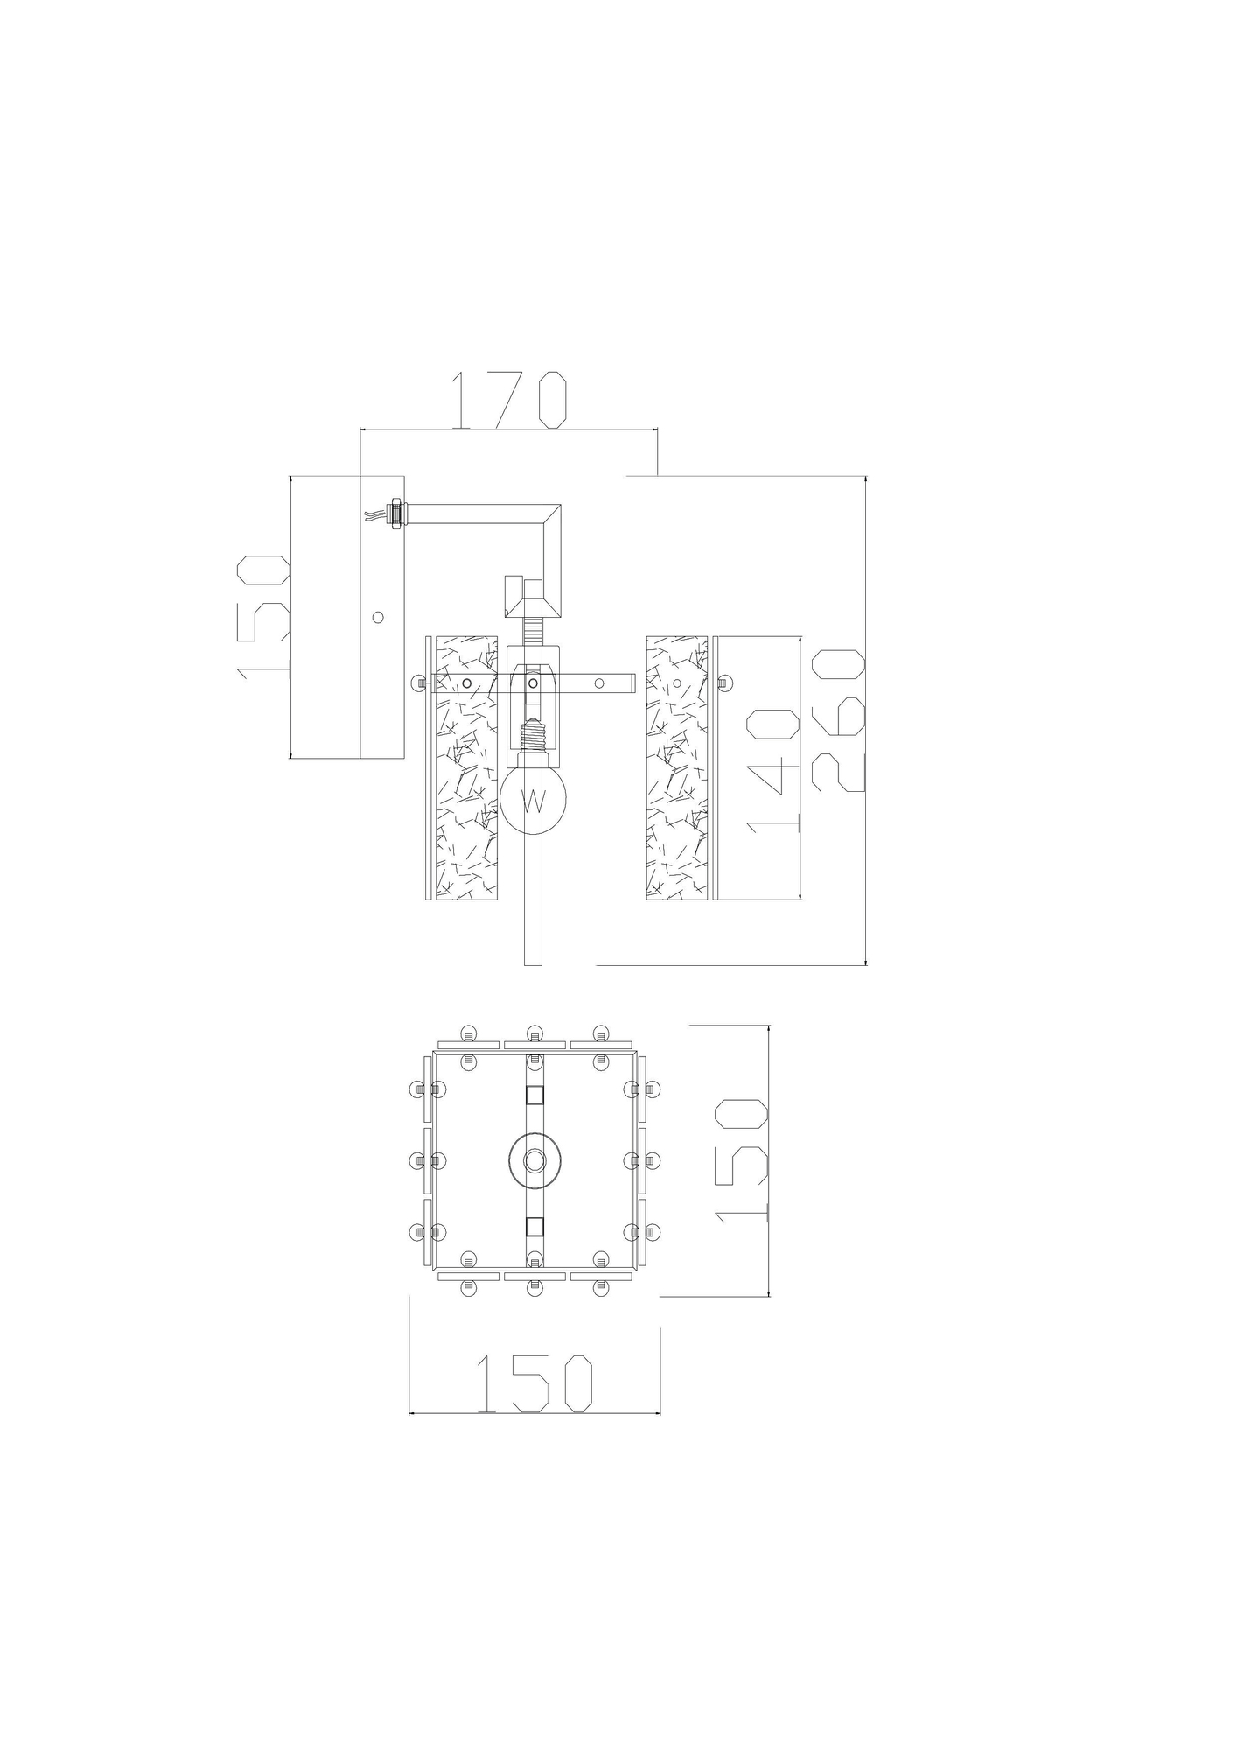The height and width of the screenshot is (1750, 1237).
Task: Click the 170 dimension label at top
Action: (x=510, y=401)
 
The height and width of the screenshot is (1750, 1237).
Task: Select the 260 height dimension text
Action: (x=838, y=720)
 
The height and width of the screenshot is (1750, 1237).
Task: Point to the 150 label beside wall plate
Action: (x=263, y=615)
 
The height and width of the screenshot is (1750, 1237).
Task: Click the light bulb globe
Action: (x=534, y=798)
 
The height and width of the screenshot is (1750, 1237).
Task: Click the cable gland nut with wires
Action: (x=394, y=514)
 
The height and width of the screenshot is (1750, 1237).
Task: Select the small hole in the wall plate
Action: (x=378, y=617)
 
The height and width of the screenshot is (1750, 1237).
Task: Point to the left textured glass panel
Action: (x=467, y=767)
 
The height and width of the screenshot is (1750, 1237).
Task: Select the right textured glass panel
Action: (x=676, y=767)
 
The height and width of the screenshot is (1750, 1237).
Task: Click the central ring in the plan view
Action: (x=534, y=1161)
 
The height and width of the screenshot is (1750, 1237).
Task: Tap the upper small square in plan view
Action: (x=534, y=1095)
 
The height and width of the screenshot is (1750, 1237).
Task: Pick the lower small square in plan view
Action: (x=534, y=1226)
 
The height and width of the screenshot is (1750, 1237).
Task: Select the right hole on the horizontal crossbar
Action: (x=600, y=682)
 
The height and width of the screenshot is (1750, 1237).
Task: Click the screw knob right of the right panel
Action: (x=724, y=682)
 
